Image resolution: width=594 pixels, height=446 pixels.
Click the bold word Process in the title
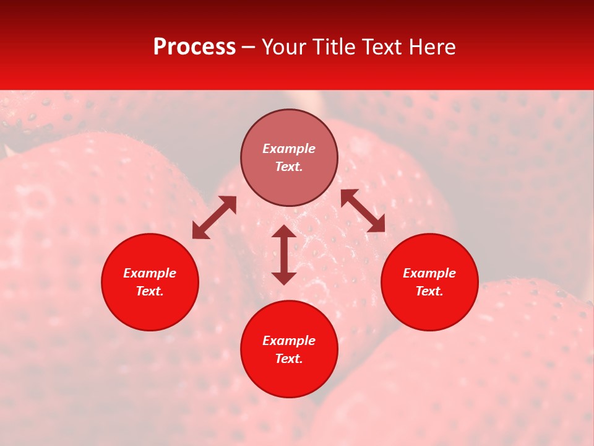pyautogui.click(x=194, y=47)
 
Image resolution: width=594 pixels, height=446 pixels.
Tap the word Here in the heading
pyautogui.click(x=431, y=47)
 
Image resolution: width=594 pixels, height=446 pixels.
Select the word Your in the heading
pyautogui.click(x=283, y=47)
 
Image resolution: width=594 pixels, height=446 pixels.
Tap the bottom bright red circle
pyautogui.click(x=289, y=378)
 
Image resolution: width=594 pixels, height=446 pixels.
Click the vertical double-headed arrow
pyautogui.click(x=284, y=255)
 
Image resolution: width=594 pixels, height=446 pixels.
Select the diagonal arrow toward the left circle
pyautogui.click(x=214, y=217)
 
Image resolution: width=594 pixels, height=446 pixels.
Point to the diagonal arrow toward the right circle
pyautogui.click(x=363, y=211)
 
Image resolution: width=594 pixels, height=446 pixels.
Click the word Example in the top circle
pyautogui.click(x=289, y=149)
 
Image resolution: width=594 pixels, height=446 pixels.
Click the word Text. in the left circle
pyautogui.click(x=150, y=291)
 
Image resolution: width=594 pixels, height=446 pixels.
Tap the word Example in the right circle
pyautogui.click(x=429, y=273)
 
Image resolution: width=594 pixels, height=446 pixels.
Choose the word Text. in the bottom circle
pyautogui.click(x=289, y=359)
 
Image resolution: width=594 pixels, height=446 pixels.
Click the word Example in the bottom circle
pyautogui.click(x=289, y=341)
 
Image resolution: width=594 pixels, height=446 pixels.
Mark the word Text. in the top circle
pyautogui.click(x=289, y=167)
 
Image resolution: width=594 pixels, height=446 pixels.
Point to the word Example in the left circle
pyautogui.click(x=150, y=273)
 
